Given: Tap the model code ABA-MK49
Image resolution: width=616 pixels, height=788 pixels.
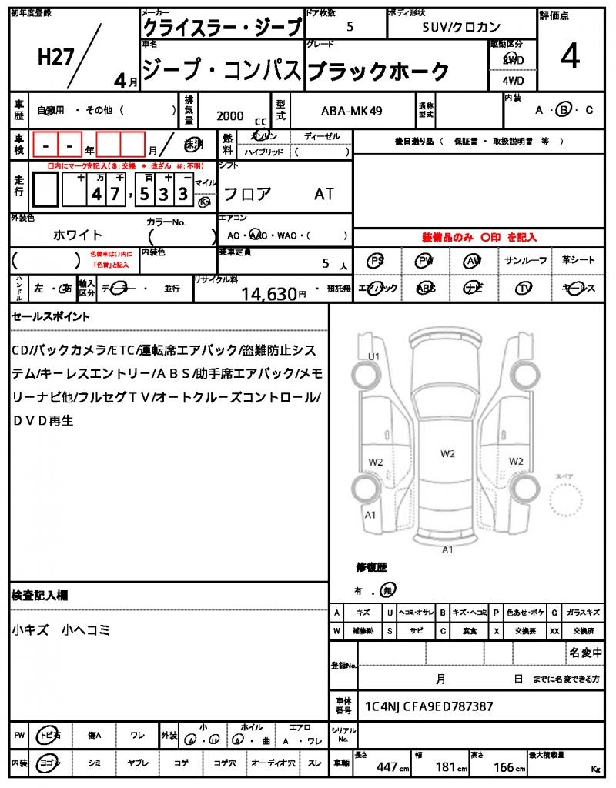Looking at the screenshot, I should (350, 111).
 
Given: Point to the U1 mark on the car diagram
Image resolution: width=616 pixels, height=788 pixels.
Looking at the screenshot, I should (374, 356).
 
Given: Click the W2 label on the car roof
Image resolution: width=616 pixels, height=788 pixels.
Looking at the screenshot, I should (448, 453).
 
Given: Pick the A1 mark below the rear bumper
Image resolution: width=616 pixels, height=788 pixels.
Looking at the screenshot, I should (447, 550).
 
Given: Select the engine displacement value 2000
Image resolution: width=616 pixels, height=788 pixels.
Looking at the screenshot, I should (230, 115).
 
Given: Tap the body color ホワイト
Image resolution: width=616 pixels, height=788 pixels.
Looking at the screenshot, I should (78, 235).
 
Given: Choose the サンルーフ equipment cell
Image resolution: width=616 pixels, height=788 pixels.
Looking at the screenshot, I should (526, 261).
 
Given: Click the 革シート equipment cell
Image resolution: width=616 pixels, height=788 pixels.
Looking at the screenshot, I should (577, 261).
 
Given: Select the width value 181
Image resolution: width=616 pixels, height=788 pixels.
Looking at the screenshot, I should (446, 767).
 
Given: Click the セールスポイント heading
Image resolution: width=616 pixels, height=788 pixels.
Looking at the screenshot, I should (51, 316).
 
